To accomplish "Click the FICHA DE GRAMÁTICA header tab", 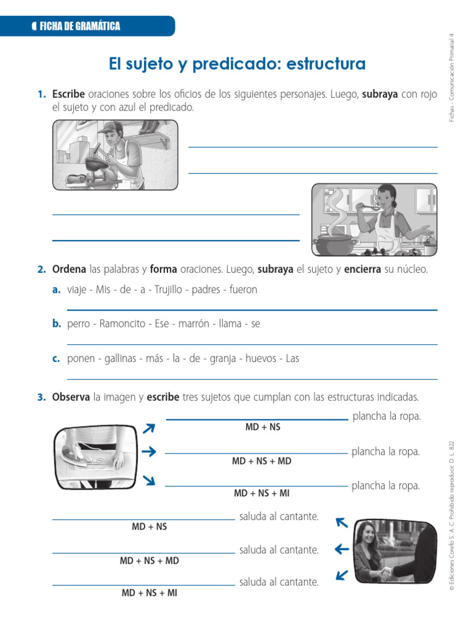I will coord(79,26).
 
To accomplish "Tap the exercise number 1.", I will coord(41,95).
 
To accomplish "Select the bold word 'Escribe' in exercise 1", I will coord(68,95).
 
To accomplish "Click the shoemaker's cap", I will coord(107,128).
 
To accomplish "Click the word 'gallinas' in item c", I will coord(118,359).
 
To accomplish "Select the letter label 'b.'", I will coord(56,324).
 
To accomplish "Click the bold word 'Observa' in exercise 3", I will coord(71,397).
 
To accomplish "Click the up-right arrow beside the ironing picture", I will coord(148,429).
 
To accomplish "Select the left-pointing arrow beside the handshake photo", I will coord(342,549).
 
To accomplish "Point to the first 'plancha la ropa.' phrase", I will coord(387,416).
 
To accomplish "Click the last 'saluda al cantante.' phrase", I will coord(279,582).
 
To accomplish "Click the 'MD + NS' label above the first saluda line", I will coord(149,526).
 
